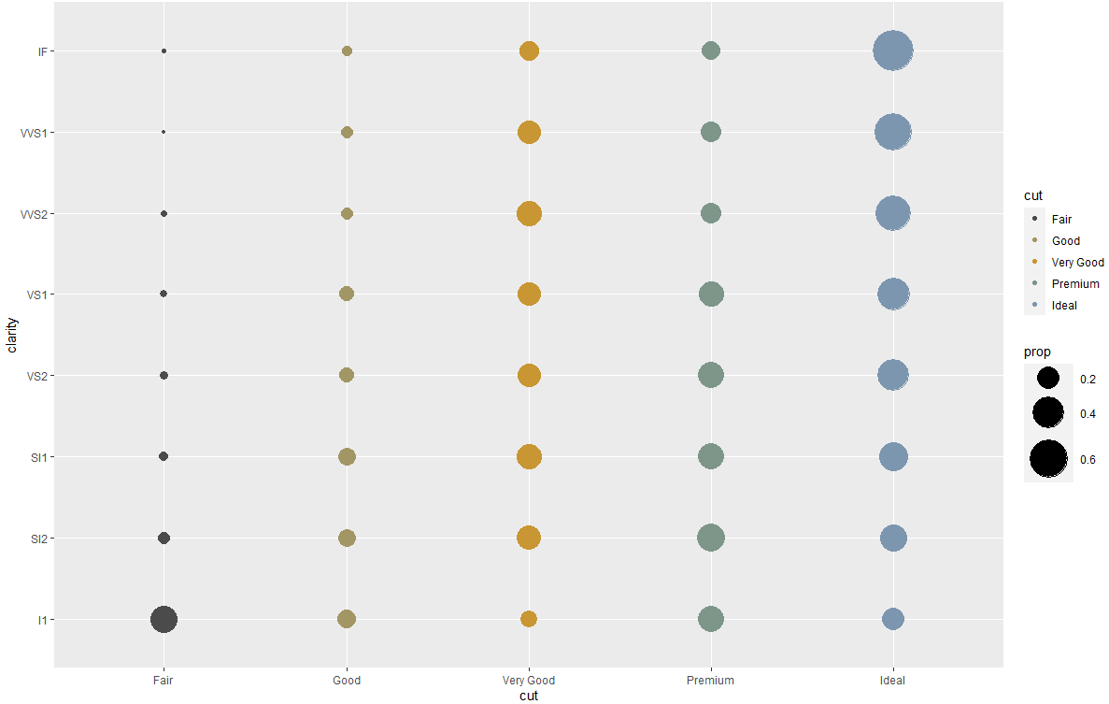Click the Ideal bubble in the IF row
pyautogui.click(x=892, y=50)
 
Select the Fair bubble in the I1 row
pyautogui.click(x=164, y=619)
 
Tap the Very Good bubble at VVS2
pyautogui.click(x=529, y=213)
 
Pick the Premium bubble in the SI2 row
pyautogui.click(x=711, y=538)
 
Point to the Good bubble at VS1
pyautogui.click(x=347, y=294)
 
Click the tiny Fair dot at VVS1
pyautogui.click(x=164, y=132)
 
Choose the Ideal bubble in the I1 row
pyautogui.click(x=892, y=619)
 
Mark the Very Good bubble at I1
pyautogui.click(x=529, y=619)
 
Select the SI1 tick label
pyautogui.click(x=39, y=457)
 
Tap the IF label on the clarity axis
pyautogui.click(x=43, y=51)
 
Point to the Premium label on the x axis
pyautogui.click(x=711, y=681)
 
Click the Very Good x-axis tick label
pyautogui.click(x=529, y=681)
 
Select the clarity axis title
pyautogui.click(x=13, y=335)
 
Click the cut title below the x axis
pyautogui.click(x=529, y=696)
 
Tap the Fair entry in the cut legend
pyautogui.click(x=1061, y=219)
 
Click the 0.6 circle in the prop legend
pyautogui.click(x=1048, y=459)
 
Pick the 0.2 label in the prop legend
pyautogui.click(x=1088, y=380)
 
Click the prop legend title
pyautogui.click(x=1037, y=352)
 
